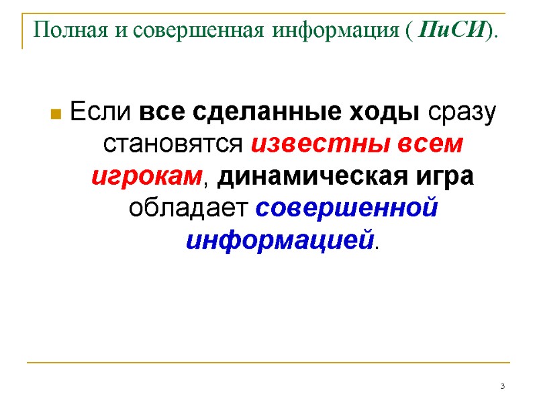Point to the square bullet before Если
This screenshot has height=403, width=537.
57,113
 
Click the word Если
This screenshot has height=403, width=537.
102,111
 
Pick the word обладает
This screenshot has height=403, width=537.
190,208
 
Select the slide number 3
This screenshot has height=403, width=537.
502,388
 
